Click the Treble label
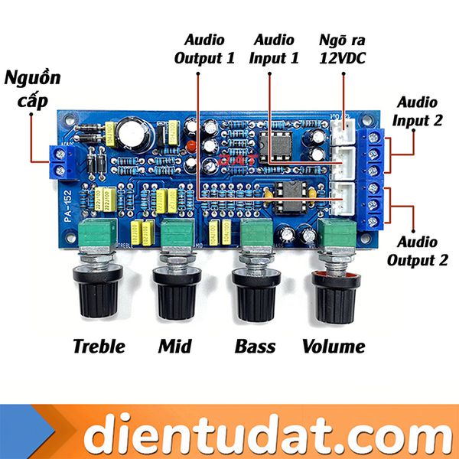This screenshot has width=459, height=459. pos(99,346)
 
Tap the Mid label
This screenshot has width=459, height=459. pos(174,346)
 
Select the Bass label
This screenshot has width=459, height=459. pos(255,346)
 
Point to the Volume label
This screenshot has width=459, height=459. pos(334,346)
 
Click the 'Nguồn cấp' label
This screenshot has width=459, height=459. pos(31,89)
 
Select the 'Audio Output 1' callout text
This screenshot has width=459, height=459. pos(204,47)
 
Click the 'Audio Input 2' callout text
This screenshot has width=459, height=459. pos(418,110)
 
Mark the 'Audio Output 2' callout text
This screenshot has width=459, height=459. pos(418,251)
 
